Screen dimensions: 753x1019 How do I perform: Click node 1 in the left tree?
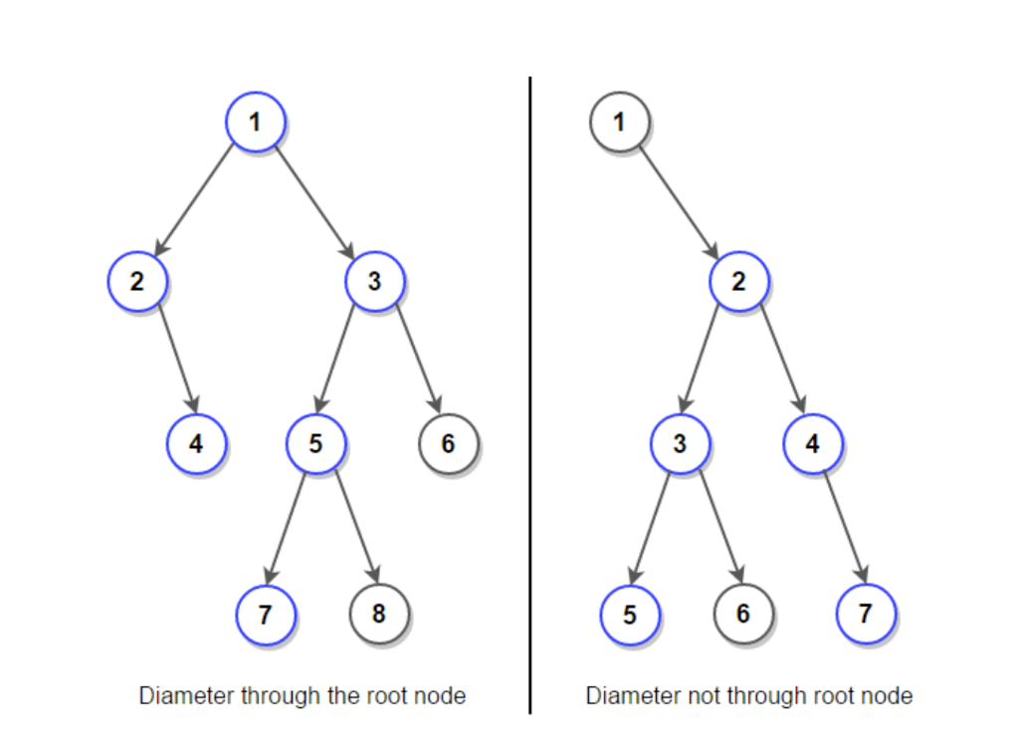pyautogui.click(x=256, y=123)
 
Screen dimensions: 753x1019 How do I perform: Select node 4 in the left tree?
pyautogui.click(x=196, y=442)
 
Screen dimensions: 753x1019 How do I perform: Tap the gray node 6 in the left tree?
pyautogui.click(x=448, y=442)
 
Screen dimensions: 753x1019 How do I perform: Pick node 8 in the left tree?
pyautogui.click(x=378, y=613)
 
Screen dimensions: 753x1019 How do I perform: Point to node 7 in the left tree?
pyautogui.click(x=265, y=614)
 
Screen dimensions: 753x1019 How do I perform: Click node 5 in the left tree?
pyautogui.click(x=315, y=442)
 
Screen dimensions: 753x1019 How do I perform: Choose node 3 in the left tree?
pyautogui.click(x=374, y=281)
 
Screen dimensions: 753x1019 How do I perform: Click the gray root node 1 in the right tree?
pyautogui.click(x=619, y=123)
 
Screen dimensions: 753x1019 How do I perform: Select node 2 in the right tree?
pyautogui.click(x=738, y=281)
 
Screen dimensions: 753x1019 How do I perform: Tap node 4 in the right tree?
pyautogui.click(x=812, y=442)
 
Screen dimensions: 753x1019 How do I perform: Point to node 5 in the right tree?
pyautogui.click(x=629, y=614)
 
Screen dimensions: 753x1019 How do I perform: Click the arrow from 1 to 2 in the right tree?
pyautogui.click(x=679, y=202)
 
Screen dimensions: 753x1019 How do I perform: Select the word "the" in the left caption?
pyautogui.click(x=342, y=695)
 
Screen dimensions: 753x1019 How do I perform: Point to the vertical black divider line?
pyautogui.click(x=529, y=398)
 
